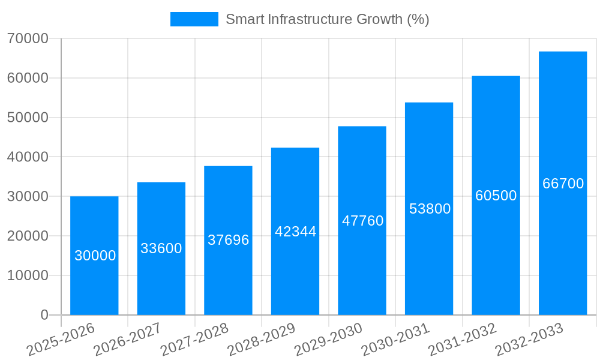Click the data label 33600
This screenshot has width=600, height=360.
point(161,248)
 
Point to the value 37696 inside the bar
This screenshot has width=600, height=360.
point(228,240)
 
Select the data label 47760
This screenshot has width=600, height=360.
point(362,221)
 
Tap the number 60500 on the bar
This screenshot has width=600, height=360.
point(496,196)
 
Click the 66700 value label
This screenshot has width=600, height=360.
point(563,184)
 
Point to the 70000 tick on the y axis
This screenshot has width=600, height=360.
point(28,38)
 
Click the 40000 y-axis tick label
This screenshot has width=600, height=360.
point(28,157)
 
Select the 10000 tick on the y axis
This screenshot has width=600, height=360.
point(28,275)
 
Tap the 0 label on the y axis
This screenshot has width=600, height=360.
point(44,315)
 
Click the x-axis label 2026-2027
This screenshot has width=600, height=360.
point(128,339)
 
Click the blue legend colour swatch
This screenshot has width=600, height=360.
point(194,19)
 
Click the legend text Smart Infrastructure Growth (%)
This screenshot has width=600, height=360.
point(327,19)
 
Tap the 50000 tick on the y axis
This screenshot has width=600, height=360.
point(28,118)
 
